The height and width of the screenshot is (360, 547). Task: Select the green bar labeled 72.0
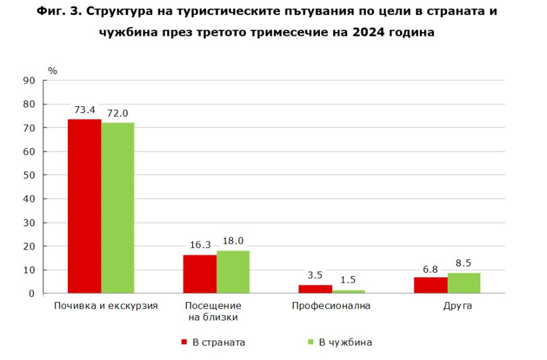tap(118, 208)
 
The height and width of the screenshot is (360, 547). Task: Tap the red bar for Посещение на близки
tap(199, 274)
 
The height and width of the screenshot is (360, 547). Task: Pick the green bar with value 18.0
tap(233, 272)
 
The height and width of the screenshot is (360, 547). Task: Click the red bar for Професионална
tap(315, 289)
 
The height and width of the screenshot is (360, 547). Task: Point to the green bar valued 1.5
tap(348, 292)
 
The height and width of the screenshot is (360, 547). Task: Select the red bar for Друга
tap(431, 285)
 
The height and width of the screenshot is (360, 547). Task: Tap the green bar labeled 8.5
tap(464, 283)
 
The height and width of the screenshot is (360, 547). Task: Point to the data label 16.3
tap(200, 246)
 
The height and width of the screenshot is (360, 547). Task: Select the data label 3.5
tap(315, 276)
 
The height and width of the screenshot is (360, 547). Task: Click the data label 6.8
tap(431, 268)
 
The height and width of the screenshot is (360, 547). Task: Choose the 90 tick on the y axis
tap(29, 80)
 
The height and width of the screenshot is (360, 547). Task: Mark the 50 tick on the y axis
tap(29, 175)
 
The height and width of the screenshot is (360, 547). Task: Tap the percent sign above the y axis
tap(52, 70)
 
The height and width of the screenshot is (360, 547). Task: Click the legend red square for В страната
tap(184, 342)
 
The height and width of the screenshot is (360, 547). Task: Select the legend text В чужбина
tap(345, 342)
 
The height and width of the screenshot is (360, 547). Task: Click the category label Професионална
tap(331, 306)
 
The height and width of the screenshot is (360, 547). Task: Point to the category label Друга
tap(456, 306)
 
